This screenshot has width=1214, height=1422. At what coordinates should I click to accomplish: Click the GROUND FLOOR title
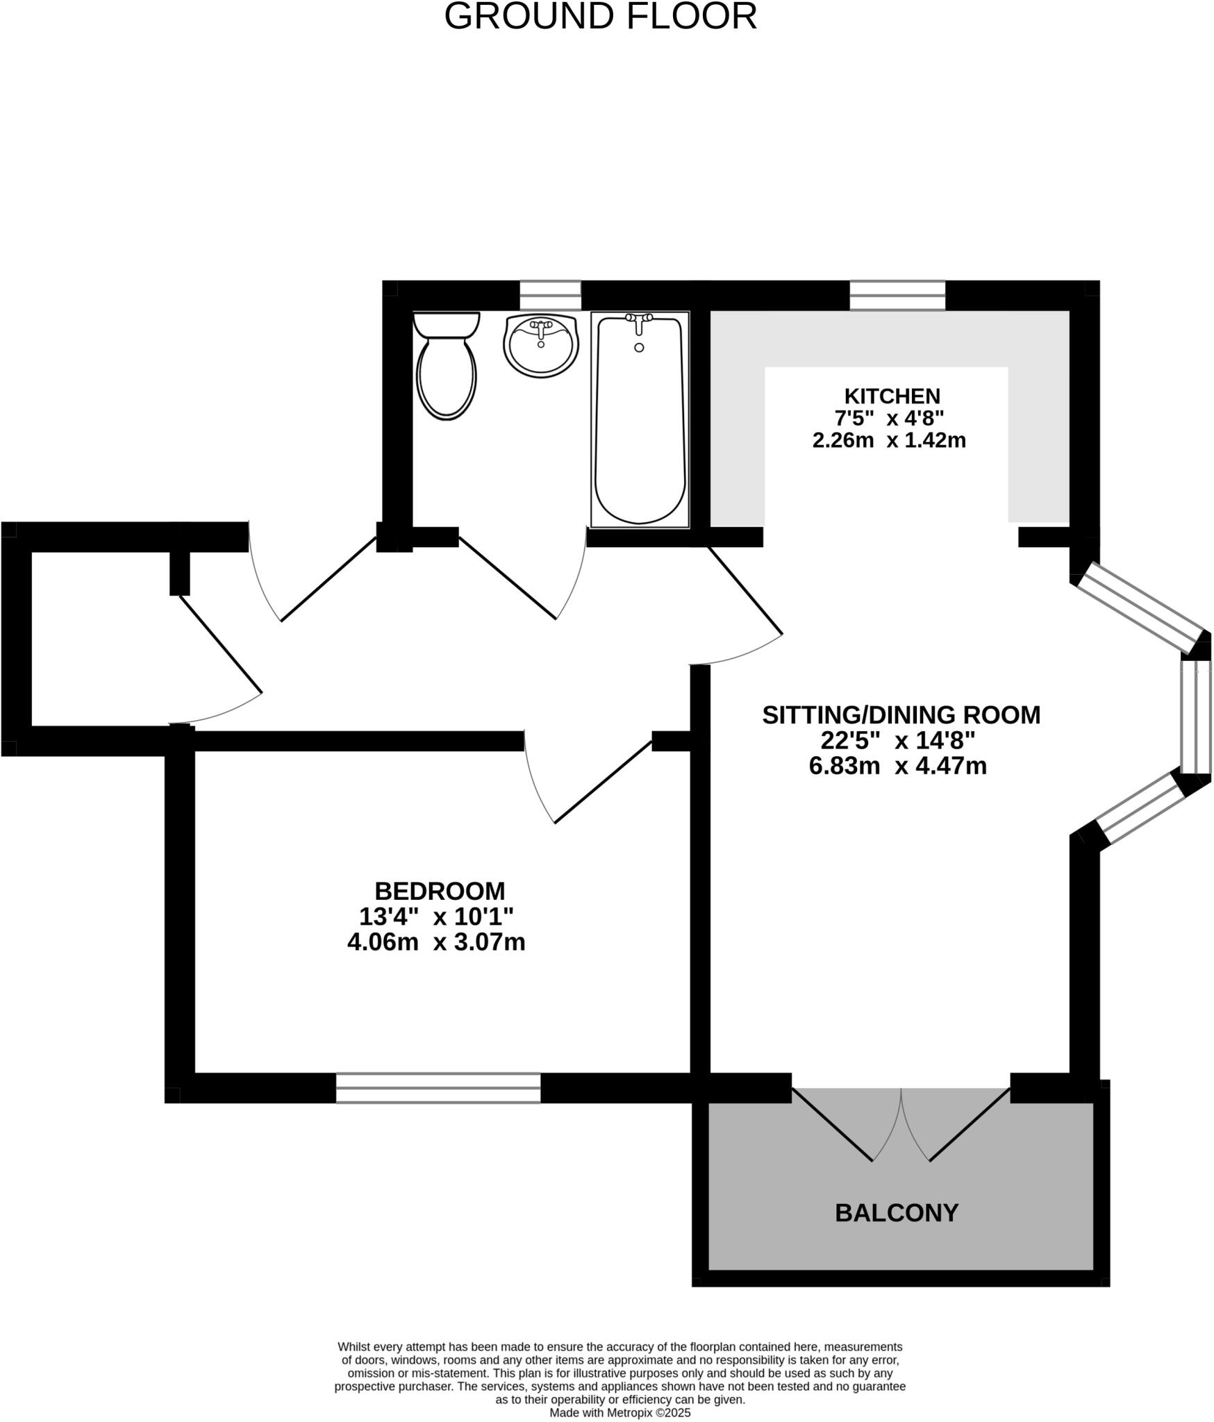click(600, 17)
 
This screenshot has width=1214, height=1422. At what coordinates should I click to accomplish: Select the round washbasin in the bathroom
click(541, 344)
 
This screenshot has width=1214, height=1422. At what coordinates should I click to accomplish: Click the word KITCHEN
click(892, 396)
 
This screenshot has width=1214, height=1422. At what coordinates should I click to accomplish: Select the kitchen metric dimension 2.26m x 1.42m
click(889, 440)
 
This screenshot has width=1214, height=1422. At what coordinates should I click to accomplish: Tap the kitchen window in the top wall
click(897, 295)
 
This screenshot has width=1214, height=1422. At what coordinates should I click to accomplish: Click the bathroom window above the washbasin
click(550, 295)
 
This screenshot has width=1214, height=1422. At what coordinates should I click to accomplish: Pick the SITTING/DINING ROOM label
click(901, 715)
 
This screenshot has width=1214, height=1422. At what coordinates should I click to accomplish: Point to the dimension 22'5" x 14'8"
click(898, 741)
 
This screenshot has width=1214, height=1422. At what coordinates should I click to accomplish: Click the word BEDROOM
click(440, 891)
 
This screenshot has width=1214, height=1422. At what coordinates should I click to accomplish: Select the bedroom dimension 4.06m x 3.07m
click(436, 942)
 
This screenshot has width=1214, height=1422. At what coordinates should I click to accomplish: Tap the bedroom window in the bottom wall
click(438, 1087)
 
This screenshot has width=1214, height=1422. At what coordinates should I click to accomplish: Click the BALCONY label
click(896, 1212)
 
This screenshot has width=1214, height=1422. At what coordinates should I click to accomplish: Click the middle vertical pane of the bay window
click(1196, 717)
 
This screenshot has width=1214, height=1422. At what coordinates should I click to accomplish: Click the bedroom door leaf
click(603, 782)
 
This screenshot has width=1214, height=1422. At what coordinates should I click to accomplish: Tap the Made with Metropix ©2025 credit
click(620, 1412)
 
